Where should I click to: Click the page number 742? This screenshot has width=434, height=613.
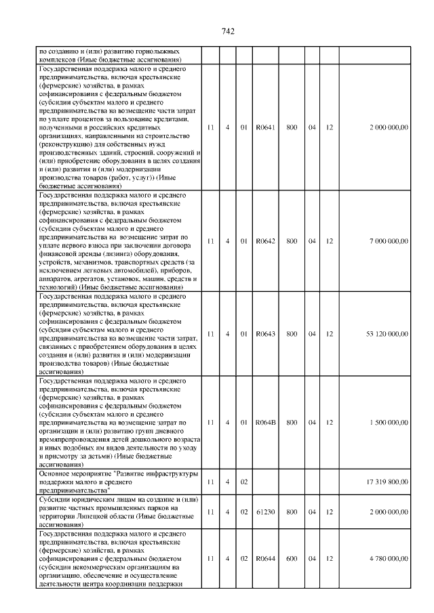[x=228, y=32]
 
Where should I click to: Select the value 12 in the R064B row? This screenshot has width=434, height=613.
[x=329, y=422]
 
